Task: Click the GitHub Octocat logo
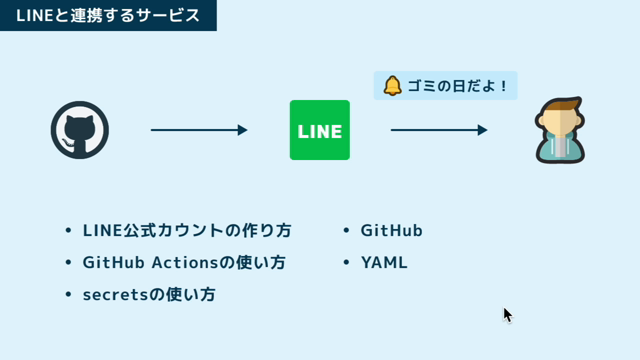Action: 80,130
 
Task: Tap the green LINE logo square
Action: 320,130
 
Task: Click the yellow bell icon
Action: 392,86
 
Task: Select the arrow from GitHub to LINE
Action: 199,130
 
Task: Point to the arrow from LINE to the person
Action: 439,130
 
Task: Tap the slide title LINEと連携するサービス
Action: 108,16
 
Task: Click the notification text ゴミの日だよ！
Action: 458,86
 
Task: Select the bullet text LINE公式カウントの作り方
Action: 187,230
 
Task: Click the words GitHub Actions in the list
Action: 150,262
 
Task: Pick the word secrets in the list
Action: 115,295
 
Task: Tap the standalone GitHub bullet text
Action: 391,230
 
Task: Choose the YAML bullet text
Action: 384,262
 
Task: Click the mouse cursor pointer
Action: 507,316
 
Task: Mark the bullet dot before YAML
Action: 346,262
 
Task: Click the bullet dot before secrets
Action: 68,294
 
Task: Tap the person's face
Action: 560,123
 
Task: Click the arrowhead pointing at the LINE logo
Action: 243,130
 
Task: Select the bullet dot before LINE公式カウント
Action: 68,230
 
